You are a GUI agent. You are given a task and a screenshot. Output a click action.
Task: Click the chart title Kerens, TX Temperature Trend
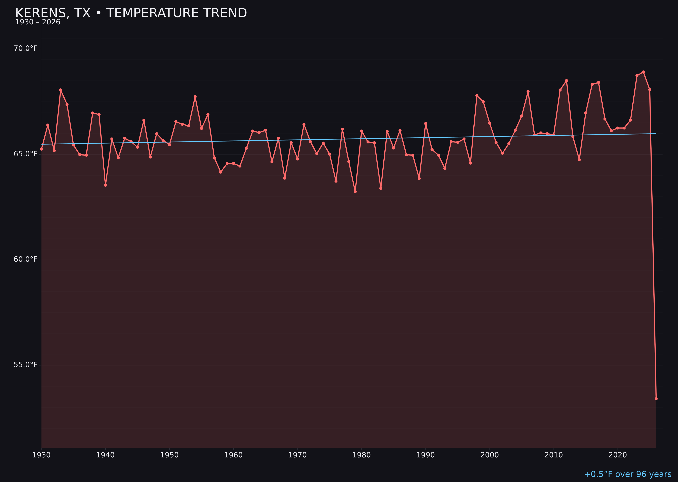(x=131, y=13)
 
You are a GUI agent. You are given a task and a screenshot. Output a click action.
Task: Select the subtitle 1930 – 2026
(x=38, y=22)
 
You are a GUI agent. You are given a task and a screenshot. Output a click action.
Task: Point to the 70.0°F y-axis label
(x=26, y=48)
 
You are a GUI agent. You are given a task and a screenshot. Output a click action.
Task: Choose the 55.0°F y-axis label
(x=26, y=365)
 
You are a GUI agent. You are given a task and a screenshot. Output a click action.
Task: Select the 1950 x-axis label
(x=169, y=455)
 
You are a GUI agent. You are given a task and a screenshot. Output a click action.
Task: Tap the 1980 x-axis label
(x=362, y=455)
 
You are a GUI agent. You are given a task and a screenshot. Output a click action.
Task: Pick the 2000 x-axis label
(x=490, y=455)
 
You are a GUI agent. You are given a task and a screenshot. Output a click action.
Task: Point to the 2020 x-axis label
(x=618, y=455)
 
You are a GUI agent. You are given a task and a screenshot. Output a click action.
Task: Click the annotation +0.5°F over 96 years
(x=627, y=474)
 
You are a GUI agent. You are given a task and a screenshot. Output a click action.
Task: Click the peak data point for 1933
(x=61, y=90)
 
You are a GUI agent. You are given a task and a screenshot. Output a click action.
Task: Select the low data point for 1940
(x=105, y=185)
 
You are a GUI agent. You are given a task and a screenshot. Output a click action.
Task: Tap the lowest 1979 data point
(x=355, y=192)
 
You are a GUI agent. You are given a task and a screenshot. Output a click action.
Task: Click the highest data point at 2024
(x=643, y=72)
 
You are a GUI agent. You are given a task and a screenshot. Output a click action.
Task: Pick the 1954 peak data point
(x=195, y=97)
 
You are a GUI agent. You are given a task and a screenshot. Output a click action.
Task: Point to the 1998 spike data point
(x=477, y=96)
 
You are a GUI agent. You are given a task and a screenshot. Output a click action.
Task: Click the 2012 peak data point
(x=566, y=81)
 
